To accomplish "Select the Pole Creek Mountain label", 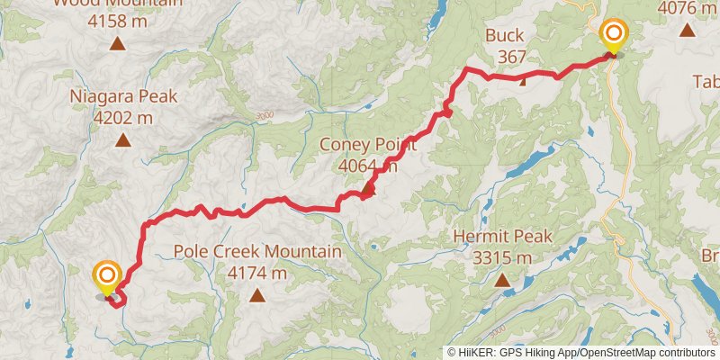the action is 257,251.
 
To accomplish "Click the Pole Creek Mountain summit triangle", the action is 257,294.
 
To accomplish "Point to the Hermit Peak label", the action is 502,236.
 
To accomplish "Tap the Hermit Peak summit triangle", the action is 502,280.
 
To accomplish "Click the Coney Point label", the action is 369,143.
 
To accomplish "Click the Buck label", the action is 505,36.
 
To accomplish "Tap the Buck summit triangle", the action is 524,79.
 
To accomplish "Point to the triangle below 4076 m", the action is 688,30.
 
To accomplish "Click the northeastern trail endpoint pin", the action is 614,36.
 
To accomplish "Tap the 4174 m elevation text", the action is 257,272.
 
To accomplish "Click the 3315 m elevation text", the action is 502,257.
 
